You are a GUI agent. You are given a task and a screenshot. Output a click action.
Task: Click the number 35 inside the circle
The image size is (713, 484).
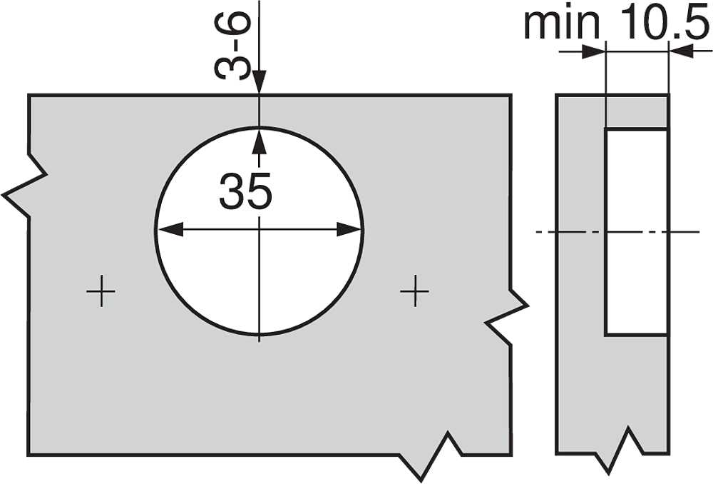pos(245,191)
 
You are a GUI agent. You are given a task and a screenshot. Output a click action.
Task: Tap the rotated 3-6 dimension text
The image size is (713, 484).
pos(232,46)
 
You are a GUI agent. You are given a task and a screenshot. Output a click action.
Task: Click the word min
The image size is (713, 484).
pos(562,23)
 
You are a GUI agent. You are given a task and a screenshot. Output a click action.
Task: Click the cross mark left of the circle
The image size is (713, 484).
pos(101,291)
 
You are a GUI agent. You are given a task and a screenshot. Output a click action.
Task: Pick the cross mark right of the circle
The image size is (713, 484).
pos(415,291)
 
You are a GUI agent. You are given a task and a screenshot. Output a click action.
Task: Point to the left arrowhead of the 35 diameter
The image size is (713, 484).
pos(170,229)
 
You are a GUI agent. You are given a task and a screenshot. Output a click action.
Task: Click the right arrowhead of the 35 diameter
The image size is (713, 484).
pos(349,229)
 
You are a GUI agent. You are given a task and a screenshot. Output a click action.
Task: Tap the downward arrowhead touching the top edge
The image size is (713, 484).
pos(260,82)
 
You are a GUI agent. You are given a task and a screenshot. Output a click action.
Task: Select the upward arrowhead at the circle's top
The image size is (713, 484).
pos(260,141)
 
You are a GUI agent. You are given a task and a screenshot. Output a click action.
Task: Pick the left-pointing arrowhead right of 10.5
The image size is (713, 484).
pos(681,51)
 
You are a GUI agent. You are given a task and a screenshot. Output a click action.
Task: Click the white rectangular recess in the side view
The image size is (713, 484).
pos(636,232)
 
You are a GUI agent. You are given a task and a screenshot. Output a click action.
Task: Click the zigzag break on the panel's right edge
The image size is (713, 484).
pos(507,314)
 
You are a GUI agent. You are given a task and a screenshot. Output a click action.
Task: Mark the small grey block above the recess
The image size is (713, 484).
pos(637,111)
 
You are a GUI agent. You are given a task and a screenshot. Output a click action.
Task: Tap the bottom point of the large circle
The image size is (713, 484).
pos(260,335)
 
